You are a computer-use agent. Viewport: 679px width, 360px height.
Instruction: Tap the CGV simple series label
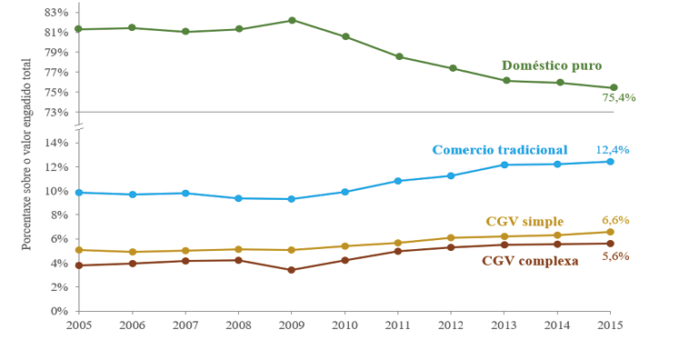524,221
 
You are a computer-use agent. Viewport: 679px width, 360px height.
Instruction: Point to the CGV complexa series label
529,261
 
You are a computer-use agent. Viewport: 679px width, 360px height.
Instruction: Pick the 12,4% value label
612,149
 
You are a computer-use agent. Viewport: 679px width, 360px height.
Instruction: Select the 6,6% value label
615,220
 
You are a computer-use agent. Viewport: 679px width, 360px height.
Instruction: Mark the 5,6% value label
615,256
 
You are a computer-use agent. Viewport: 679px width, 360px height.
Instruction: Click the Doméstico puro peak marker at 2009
292,20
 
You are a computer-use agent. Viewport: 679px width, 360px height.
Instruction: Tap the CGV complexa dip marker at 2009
292,270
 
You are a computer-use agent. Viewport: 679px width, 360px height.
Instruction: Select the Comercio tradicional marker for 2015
611,162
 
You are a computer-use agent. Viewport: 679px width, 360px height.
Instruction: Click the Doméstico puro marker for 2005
79,29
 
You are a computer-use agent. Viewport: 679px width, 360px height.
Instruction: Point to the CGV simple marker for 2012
451,238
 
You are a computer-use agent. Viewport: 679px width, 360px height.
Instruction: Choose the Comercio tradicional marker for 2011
398,181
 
